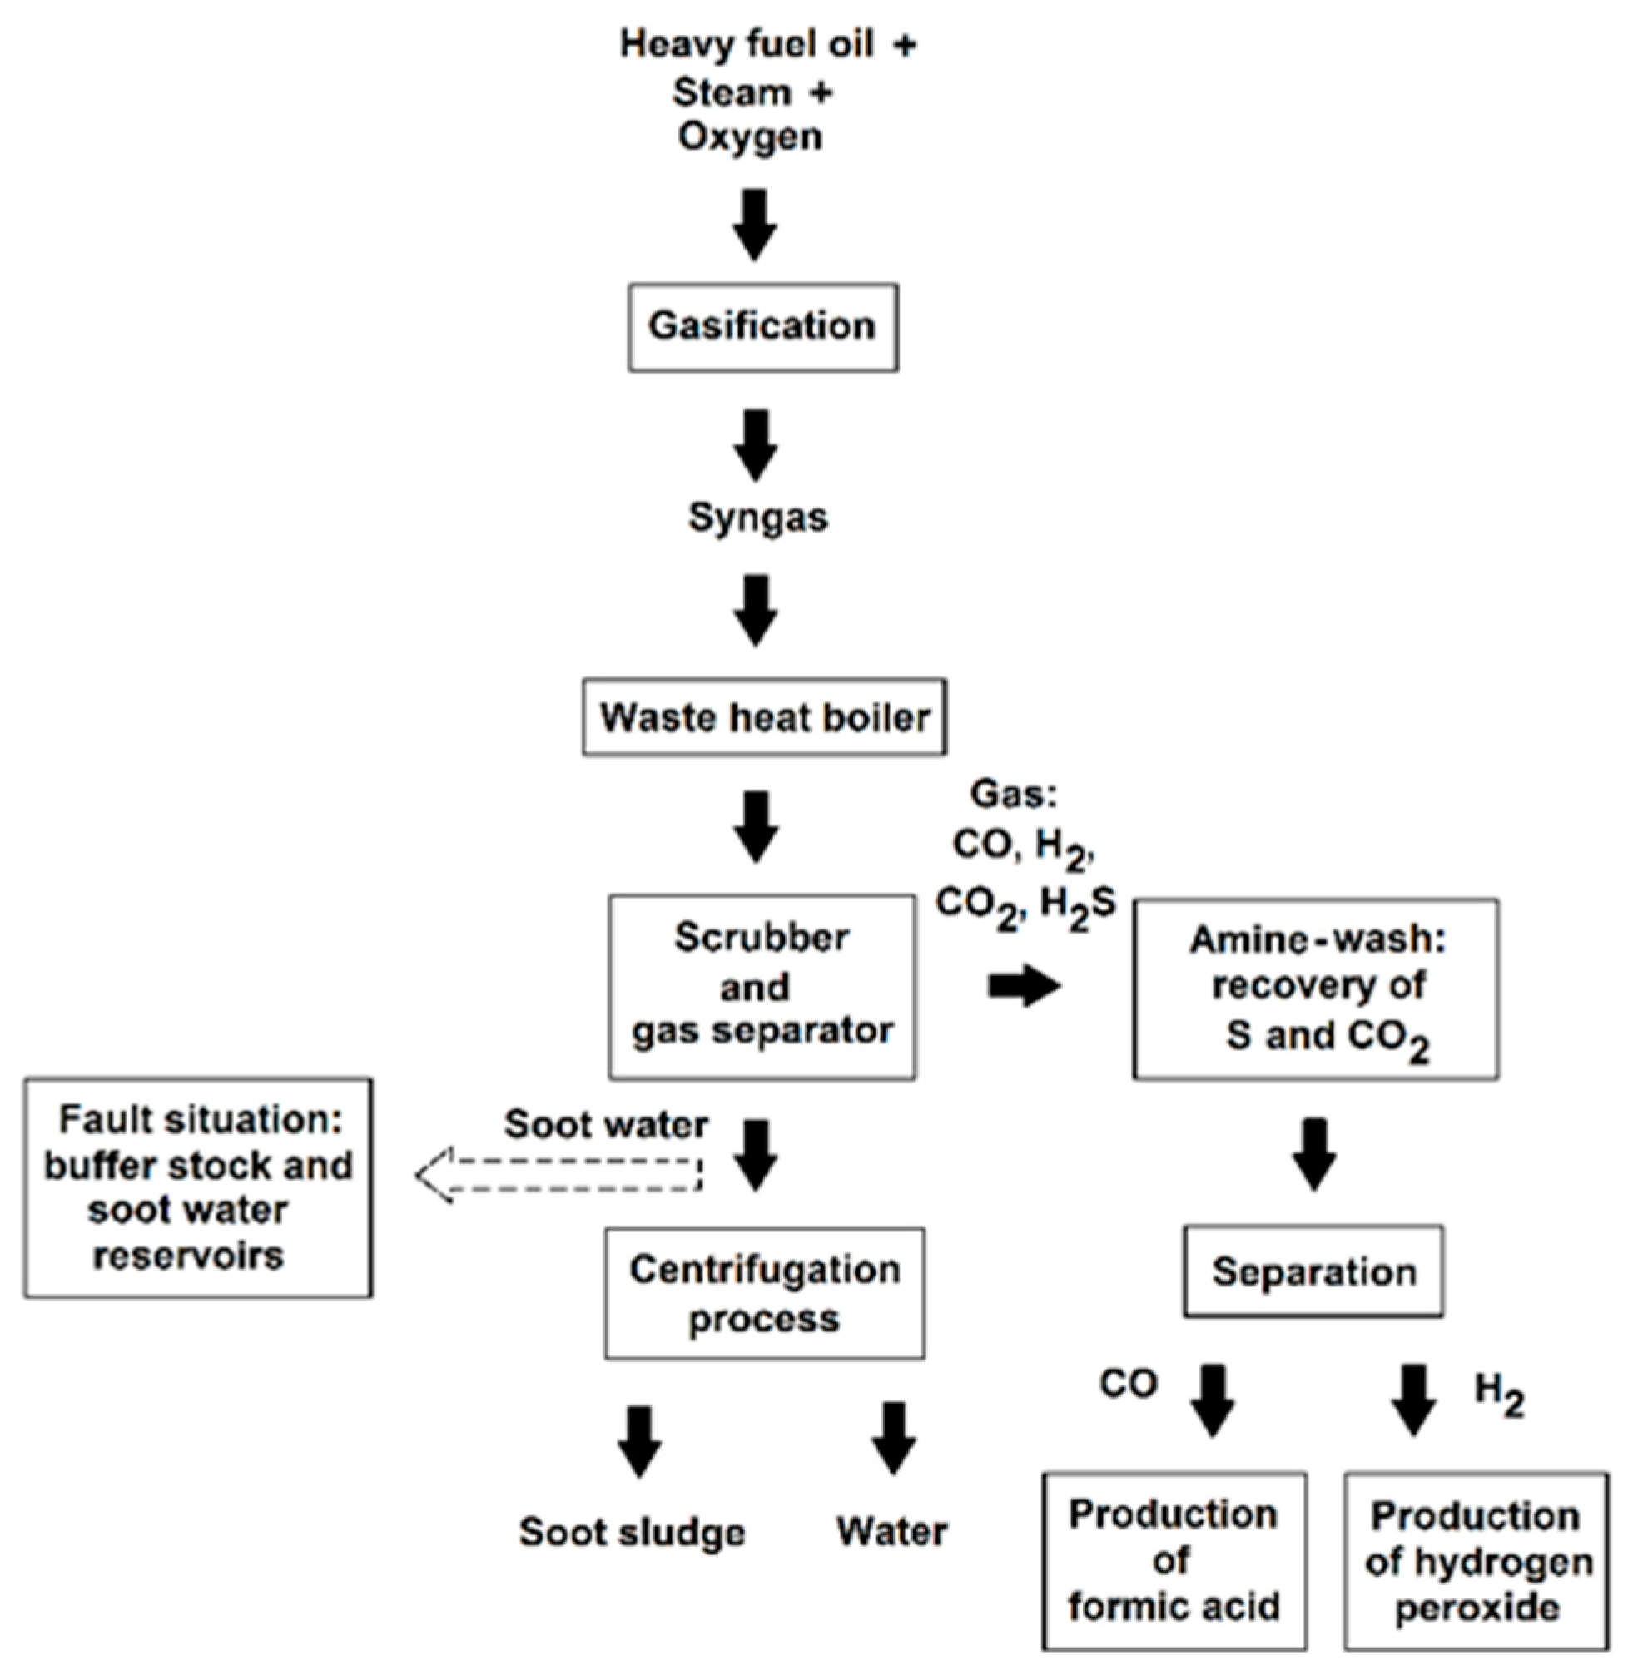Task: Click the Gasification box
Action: tap(762, 327)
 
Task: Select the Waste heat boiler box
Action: tap(764, 717)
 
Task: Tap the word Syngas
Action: tap(757, 518)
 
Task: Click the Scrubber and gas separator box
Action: tap(762, 986)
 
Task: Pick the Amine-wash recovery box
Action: tap(1315, 989)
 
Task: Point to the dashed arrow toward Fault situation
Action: tap(560, 1174)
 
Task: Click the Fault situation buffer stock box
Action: tap(198, 1188)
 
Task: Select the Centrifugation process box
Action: tap(764, 1294)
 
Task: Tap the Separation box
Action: tap(1313, 1271)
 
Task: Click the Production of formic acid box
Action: tap(1174, 1561)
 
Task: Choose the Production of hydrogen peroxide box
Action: tap(1476, 1561)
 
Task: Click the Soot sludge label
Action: tap(632, 1533)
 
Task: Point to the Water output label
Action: tap(891, 1532)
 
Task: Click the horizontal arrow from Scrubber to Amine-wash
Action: tap(1024, 986)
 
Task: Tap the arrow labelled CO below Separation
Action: tap(1213, 1400)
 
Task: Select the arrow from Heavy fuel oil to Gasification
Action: tap(755, 224)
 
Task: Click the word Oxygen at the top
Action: tap(750, 136)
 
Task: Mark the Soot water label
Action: tap(606, 1125)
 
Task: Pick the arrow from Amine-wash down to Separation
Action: tap(1314, 1154)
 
